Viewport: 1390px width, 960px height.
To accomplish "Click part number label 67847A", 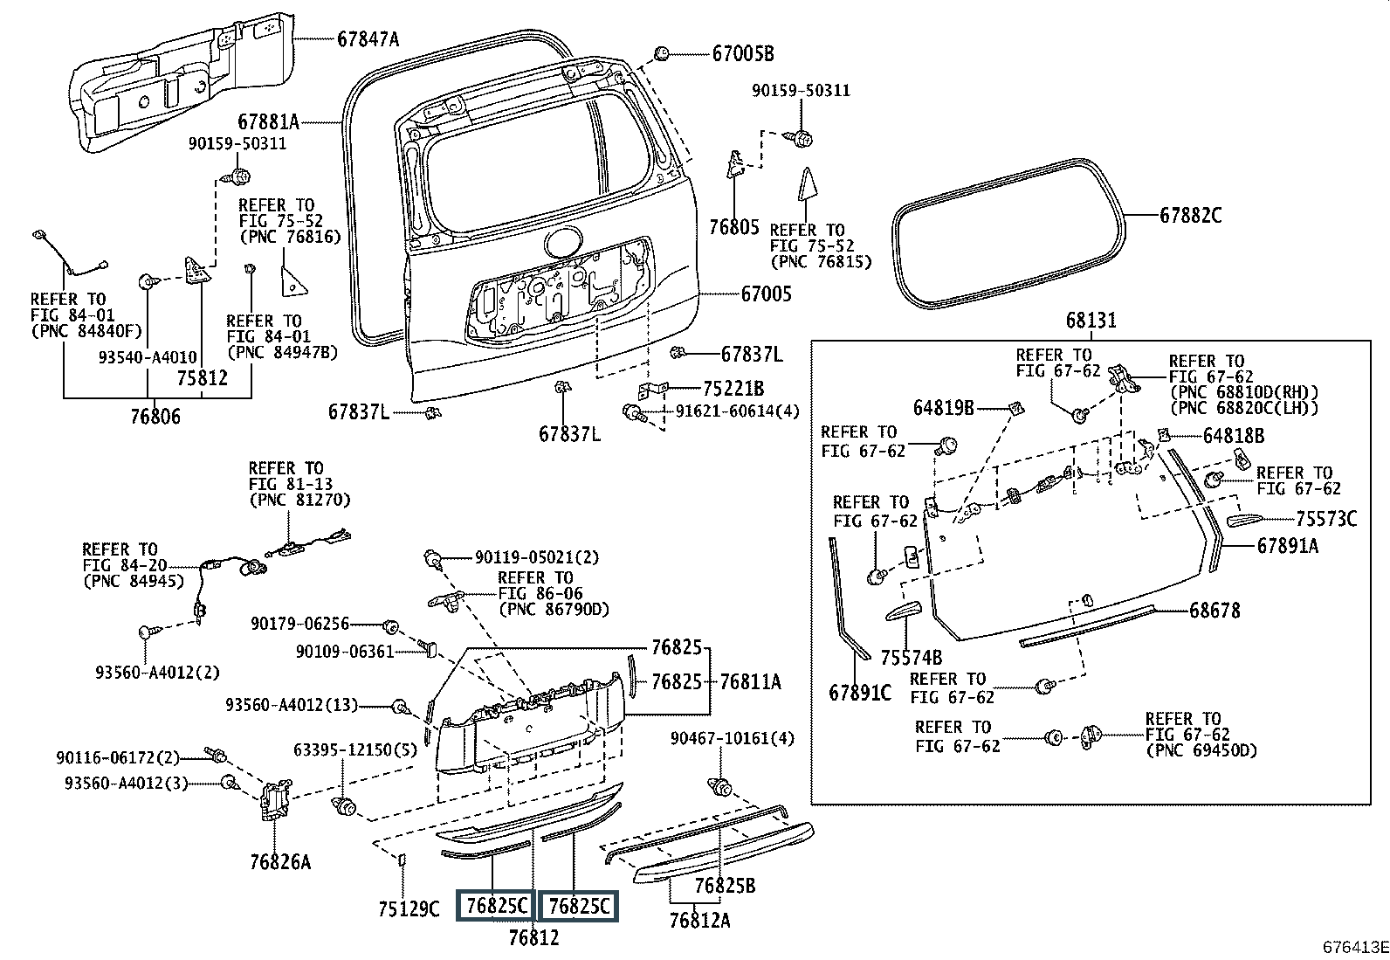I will (368, 38).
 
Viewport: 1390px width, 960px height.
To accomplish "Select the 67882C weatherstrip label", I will (1190, 215).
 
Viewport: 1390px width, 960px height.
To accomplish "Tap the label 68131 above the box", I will (1091, 321).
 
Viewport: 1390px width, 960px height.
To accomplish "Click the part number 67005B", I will (743, 53).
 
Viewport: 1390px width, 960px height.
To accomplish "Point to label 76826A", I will (279, 862).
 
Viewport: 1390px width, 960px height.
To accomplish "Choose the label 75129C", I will (409, 909).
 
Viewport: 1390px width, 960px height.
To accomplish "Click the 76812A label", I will (699, 920).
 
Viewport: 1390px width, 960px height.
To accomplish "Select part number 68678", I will (1215, 611).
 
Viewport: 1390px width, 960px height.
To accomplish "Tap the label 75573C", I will (1325, 520).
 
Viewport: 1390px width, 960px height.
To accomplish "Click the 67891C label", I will (860, 693).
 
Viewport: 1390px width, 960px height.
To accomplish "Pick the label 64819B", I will (943, 407).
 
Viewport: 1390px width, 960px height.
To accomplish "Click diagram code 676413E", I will (1353, 946).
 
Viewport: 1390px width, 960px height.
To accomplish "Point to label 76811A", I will (750, 681).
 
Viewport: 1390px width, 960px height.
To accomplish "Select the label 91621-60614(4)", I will (738, 411).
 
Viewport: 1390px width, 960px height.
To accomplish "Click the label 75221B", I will (733, 389).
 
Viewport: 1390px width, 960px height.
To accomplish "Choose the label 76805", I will (733, 227).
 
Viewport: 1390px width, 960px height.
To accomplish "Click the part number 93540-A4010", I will (148, 357).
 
